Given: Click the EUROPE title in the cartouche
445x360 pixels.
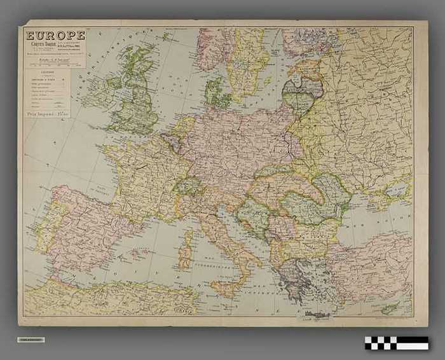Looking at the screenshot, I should [x=55, y=35].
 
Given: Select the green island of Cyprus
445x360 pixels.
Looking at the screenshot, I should [x=389, y=308].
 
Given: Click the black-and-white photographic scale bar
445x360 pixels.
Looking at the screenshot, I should [x=397, y=343].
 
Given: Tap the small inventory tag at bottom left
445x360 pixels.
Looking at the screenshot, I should [x=31, y=340].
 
